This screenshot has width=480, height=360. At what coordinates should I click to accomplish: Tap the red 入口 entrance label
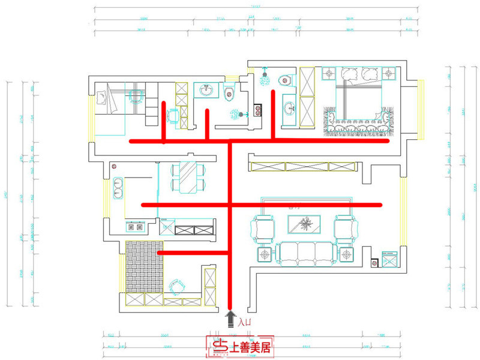(244, 323)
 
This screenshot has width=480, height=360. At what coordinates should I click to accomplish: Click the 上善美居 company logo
(240, 346)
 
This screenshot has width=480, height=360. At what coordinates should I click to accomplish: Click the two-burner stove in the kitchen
(133, 227)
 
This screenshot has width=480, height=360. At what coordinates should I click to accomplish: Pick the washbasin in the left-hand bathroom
(208, 91)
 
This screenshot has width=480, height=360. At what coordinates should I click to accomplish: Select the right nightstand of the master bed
(389, 74)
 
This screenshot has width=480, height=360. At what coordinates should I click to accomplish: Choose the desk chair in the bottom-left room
(176, 287)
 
